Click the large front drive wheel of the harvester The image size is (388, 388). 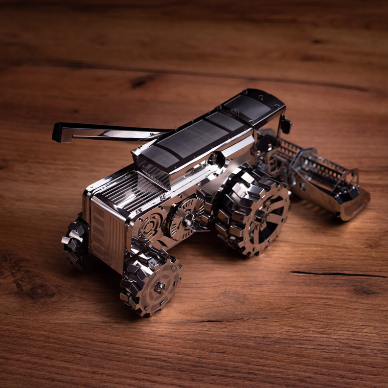click(x=252, y=210)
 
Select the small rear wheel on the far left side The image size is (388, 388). click(x=76, y=242)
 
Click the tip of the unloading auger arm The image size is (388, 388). click(x=58, y=132)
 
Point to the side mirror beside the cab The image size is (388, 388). click(x=285, y=126)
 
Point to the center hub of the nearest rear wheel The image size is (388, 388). click(x=159, y=287)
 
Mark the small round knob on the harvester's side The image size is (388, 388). click(x=216, y=159)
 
